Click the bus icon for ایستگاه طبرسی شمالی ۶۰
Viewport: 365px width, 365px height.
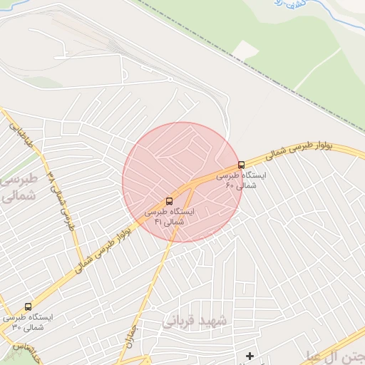point(241,165)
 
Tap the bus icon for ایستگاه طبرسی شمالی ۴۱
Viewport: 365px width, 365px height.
point(169,202)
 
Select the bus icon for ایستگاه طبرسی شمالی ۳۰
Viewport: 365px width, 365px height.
point(28,307)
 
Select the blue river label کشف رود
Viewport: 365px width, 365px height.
point(294,4)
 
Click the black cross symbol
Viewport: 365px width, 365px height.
point(250,355)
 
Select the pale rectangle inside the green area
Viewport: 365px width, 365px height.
point(245,50)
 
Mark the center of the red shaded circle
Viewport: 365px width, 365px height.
point(182,182)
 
